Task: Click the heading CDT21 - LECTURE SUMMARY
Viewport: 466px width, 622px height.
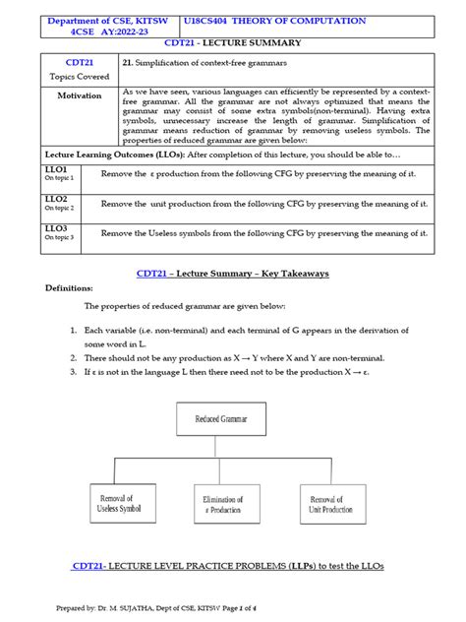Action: click(x=233, y=44)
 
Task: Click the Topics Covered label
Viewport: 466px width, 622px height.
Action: click(x=80, y=74)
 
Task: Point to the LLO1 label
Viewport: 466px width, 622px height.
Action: click(x=56, y=169)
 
